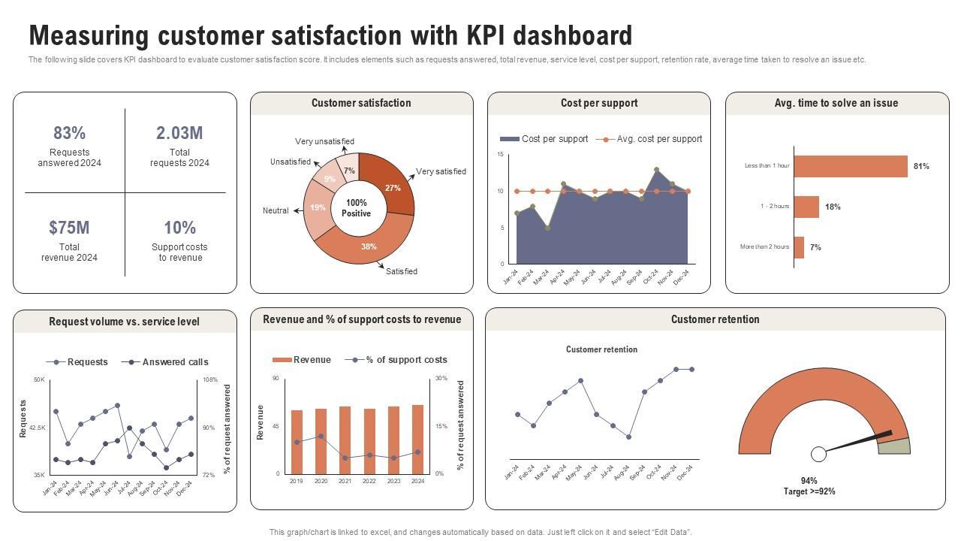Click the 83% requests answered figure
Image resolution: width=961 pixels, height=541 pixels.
pyautogui.click(x=69, y=133)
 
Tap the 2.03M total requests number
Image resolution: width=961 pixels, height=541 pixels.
pyautogui.click(x=179, y=133)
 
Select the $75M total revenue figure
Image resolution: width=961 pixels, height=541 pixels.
pyautogui.click(x=69, y=228)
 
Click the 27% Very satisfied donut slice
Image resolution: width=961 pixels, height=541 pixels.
pyautogui.click(x=389, y=183)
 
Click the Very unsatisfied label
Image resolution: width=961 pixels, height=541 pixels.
pyautogui.click(x=324, y=141)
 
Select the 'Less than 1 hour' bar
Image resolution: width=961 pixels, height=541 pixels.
pyautogui.click(x=850, y=166)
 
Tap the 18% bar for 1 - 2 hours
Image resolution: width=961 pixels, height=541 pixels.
pyautogui.click(x=806, y=207)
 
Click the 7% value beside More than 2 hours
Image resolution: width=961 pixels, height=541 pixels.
pyautogui.click(x=815, y=247)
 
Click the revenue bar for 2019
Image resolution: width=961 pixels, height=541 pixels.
pyautogui.click(x=297, y=442)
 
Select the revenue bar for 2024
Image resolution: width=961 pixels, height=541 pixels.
pyautogui.click(x=417, y=440)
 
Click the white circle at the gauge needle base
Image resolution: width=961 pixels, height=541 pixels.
pyautogui.click(x=818, y=454)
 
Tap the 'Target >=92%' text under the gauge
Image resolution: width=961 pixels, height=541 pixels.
pyautogui.click(x=809, y=491)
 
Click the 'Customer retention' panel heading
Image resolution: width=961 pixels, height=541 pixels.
pyautogui.click(x=715, y=319)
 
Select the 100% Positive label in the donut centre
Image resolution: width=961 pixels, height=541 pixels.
pyautogui.click(x=357, y=208)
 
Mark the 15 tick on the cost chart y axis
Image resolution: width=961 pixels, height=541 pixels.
pyautogui.click(x=500, y=154)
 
